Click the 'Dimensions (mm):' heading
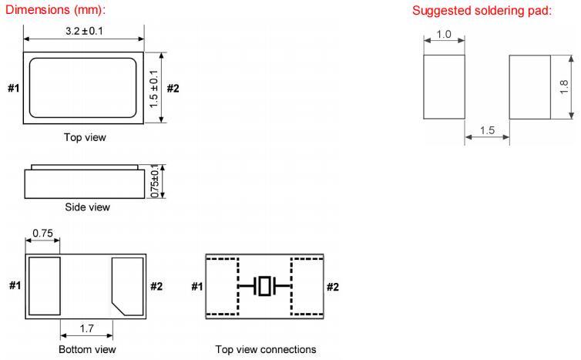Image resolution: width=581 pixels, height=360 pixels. pos(54,11)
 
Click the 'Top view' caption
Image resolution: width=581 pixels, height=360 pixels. pos(85,138)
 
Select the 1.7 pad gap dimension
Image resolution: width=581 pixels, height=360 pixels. pos(86,328)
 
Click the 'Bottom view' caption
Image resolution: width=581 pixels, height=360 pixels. pos(86,349)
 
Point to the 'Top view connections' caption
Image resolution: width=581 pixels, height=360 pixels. pos(266,349)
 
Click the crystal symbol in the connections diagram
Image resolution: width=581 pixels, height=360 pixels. pos(266,287)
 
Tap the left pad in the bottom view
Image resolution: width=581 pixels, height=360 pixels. pos(45,286)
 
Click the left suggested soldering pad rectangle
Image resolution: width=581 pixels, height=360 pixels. pos(444,86)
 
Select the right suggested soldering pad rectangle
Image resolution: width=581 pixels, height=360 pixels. pos(529,86)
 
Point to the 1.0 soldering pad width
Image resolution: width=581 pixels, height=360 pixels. pos(444,35)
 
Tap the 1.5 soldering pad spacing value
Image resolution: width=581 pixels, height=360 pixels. pos(486,130)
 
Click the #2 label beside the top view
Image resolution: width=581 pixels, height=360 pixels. pos(173,88)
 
